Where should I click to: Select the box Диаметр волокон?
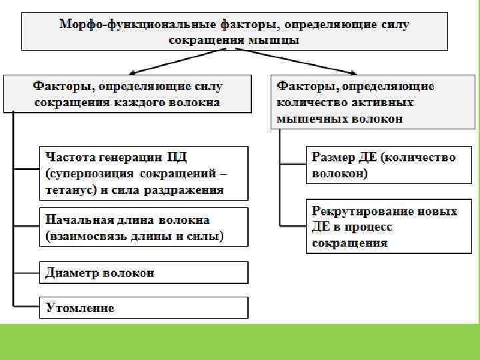click(x=143, y=273)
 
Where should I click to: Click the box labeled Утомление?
click(x=143, y=307)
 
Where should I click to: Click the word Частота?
click(x=71, y=157)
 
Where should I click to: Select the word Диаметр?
click(x=72, y=273)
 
